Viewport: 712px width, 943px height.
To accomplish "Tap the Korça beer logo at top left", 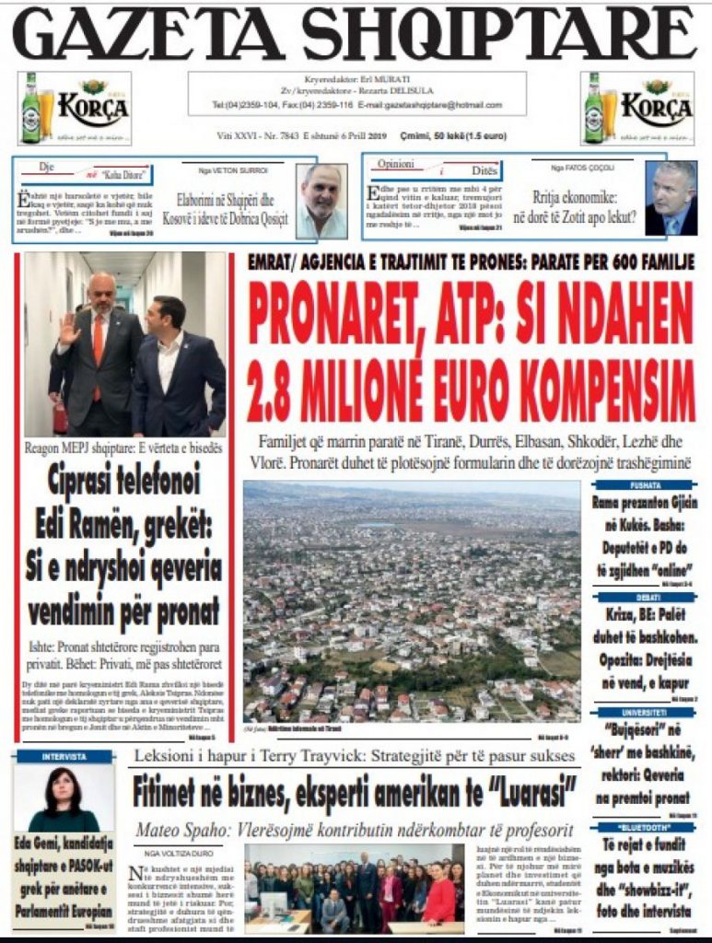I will [x=75, y=109].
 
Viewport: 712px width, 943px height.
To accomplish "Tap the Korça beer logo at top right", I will [x=638, y=109].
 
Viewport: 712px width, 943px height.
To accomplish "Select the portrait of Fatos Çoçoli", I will [x=671, y=199].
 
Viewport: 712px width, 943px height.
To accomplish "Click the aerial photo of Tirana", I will [x=412, y=603].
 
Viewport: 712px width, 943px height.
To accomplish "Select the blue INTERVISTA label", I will [x=64, y=757].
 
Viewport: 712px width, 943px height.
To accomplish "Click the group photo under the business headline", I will [x=355, y=887].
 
